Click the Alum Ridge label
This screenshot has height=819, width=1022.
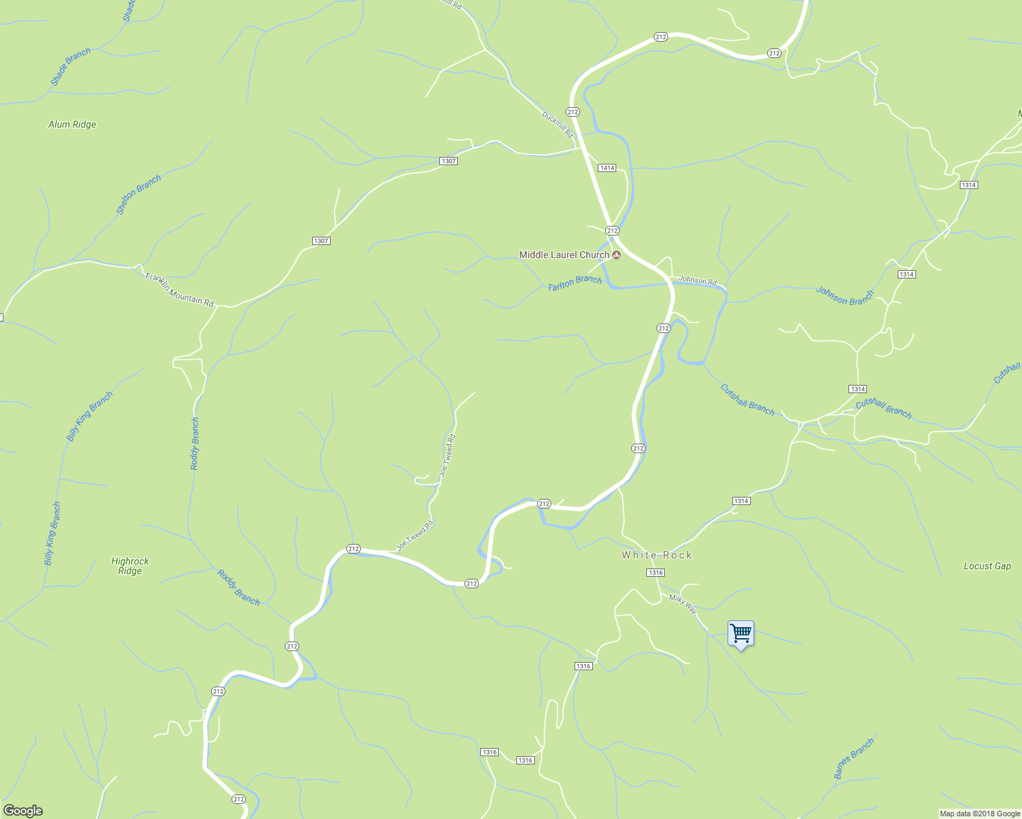[x=72, y=124]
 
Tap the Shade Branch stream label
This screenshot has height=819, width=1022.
[x=70, y=67]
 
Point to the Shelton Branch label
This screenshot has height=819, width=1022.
[x=139, y=195]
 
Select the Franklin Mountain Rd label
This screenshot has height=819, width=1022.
[x=180, y=290]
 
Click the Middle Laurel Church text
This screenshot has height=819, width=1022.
[x=564, y=255]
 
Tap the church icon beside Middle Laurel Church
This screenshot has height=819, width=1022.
[x=616, y=255]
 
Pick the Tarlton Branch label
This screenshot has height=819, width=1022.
[x=575, y=283]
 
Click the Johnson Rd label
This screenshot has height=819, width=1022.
[x=698, y=281]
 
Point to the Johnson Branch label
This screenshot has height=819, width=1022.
[x=845, y=297]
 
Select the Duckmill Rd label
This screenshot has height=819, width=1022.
[x=557, y=125]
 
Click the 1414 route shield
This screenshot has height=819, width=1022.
[x=607, y=168]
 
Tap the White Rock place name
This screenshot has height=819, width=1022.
[x=657, y=555]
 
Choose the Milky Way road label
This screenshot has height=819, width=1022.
[x=682, y=604]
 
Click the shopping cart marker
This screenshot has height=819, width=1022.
[x=741, y=634]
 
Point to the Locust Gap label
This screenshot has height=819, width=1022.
[x=987, y=566]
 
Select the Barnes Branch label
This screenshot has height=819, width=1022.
[x=854, y=758]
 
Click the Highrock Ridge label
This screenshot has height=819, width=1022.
[x=130, y=566]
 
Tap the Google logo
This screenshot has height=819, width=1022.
[x=23, y=810]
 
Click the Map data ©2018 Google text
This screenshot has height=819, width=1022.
[x=980, y=814]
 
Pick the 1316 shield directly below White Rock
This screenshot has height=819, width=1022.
[x=655, y=573]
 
